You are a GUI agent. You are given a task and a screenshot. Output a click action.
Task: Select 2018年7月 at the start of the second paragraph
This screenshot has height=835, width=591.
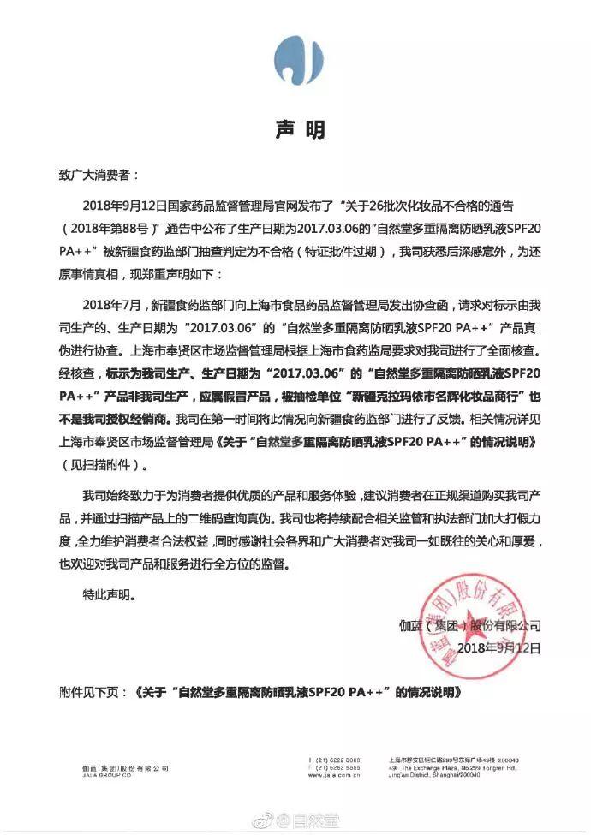[113, 306]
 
